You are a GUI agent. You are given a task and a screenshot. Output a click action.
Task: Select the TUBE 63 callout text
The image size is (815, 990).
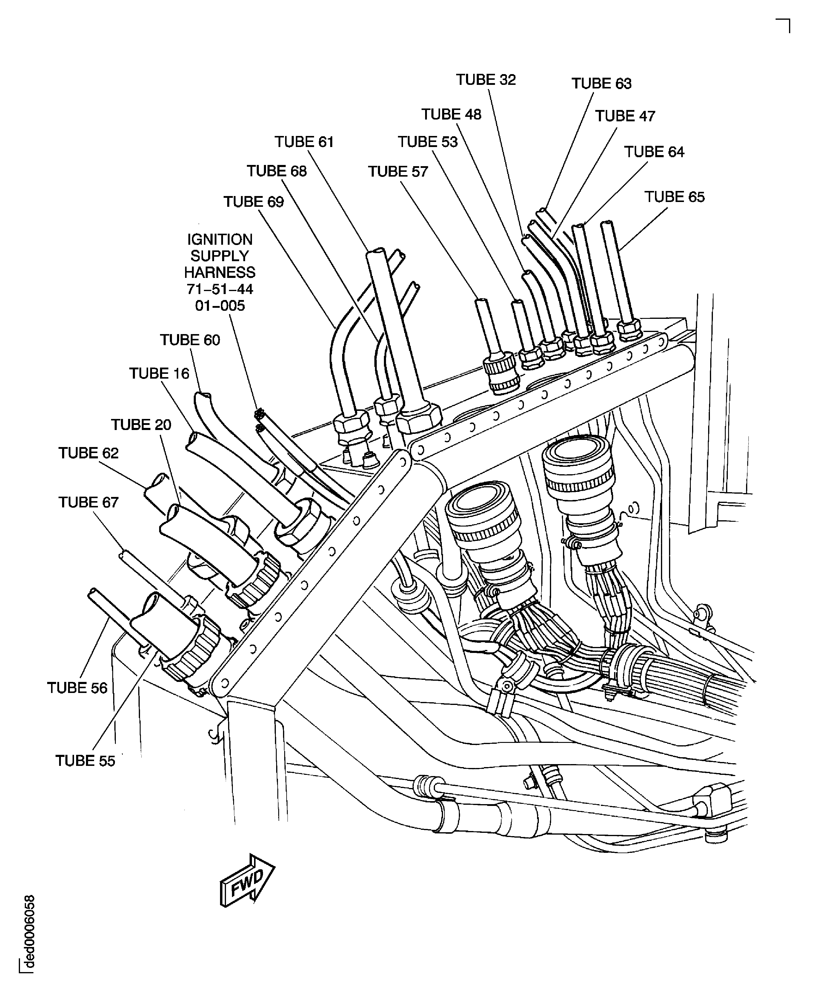click(601, 84)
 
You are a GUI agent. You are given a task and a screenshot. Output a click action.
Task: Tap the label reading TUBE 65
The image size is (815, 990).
click(674, 197)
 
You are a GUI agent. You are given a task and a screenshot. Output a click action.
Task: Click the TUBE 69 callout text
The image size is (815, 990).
click(253, 202)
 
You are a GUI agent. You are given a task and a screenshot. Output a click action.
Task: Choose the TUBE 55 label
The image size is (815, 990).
click(85, 761)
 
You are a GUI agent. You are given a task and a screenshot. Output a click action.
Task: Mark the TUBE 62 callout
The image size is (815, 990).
click(88, 453)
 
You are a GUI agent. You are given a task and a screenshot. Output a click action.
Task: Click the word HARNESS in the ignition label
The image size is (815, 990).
click(220, 273)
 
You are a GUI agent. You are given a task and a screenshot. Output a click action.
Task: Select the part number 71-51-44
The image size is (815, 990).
click(220, 289)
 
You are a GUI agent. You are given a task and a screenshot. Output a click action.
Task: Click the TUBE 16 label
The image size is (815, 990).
click(159, 374)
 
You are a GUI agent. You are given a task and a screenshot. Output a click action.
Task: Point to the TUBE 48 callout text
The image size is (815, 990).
click(451, 115)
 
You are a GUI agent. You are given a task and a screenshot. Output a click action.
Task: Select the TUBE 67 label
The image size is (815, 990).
click(88, 503)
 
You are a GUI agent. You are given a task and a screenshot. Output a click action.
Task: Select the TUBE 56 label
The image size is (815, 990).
click(77, 688)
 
